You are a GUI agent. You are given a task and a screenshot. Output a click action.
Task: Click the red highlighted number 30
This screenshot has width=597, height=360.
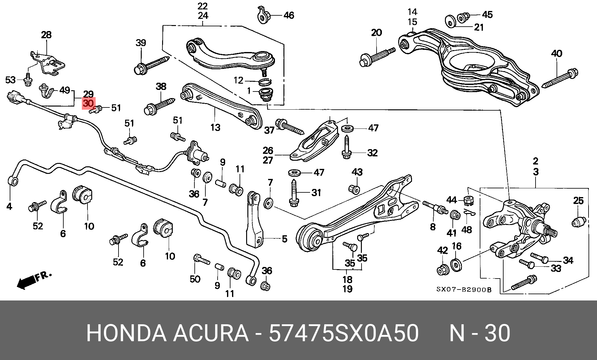pyautogui.click(x=88, y=103)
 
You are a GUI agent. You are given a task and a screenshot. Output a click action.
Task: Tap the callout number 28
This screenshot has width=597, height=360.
pyautogui.click(x=46, y=35)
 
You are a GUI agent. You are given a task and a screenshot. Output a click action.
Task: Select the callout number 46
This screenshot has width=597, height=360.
pyautogui.click(x=289, y=15)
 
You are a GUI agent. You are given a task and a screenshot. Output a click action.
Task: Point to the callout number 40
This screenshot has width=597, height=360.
pyautogui.click(x=557, y=54)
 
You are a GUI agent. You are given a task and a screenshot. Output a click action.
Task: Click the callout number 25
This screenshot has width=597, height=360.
pyautogui.click(x=579, y=201)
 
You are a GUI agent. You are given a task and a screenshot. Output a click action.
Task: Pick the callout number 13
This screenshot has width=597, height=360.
pyautogui.click(x=215, y=128)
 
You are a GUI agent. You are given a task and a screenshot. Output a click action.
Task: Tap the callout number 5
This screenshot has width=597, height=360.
pyautogui.click(x=285, y=239)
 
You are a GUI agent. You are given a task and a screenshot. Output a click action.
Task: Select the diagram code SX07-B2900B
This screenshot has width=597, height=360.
pyautogui.click(x=464, y=290)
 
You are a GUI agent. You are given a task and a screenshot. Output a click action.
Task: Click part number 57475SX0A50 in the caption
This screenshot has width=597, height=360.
pyautogui.click(x=344, y=333)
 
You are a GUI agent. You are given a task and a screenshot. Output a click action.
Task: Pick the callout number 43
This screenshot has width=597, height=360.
pyautogui.click(x=357, y=172)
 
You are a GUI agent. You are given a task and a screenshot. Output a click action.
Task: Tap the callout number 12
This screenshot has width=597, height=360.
pyautogui.click(x=239, y=81)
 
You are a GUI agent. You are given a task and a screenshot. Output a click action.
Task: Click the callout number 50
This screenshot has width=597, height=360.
pyautogui.click(x=195, y=279)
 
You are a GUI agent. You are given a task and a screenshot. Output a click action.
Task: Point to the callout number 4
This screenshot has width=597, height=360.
pyautogui.click(x=9, y=206)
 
